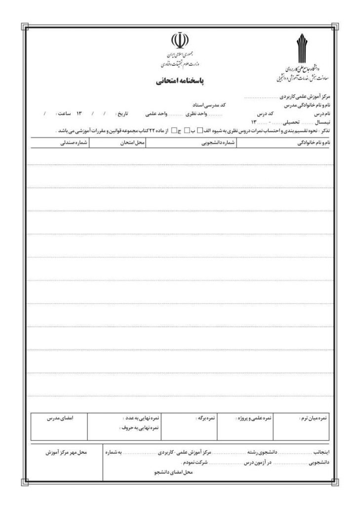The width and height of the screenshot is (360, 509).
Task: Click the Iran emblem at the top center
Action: (179, 39)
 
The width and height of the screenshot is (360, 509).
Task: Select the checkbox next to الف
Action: (200, 131)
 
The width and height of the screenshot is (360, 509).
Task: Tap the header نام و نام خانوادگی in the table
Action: (313, 143)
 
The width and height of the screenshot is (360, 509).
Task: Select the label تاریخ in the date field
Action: (122, 114)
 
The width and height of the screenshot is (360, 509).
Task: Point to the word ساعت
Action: (64, 114)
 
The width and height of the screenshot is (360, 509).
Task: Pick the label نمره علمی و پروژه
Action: (254, 418)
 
